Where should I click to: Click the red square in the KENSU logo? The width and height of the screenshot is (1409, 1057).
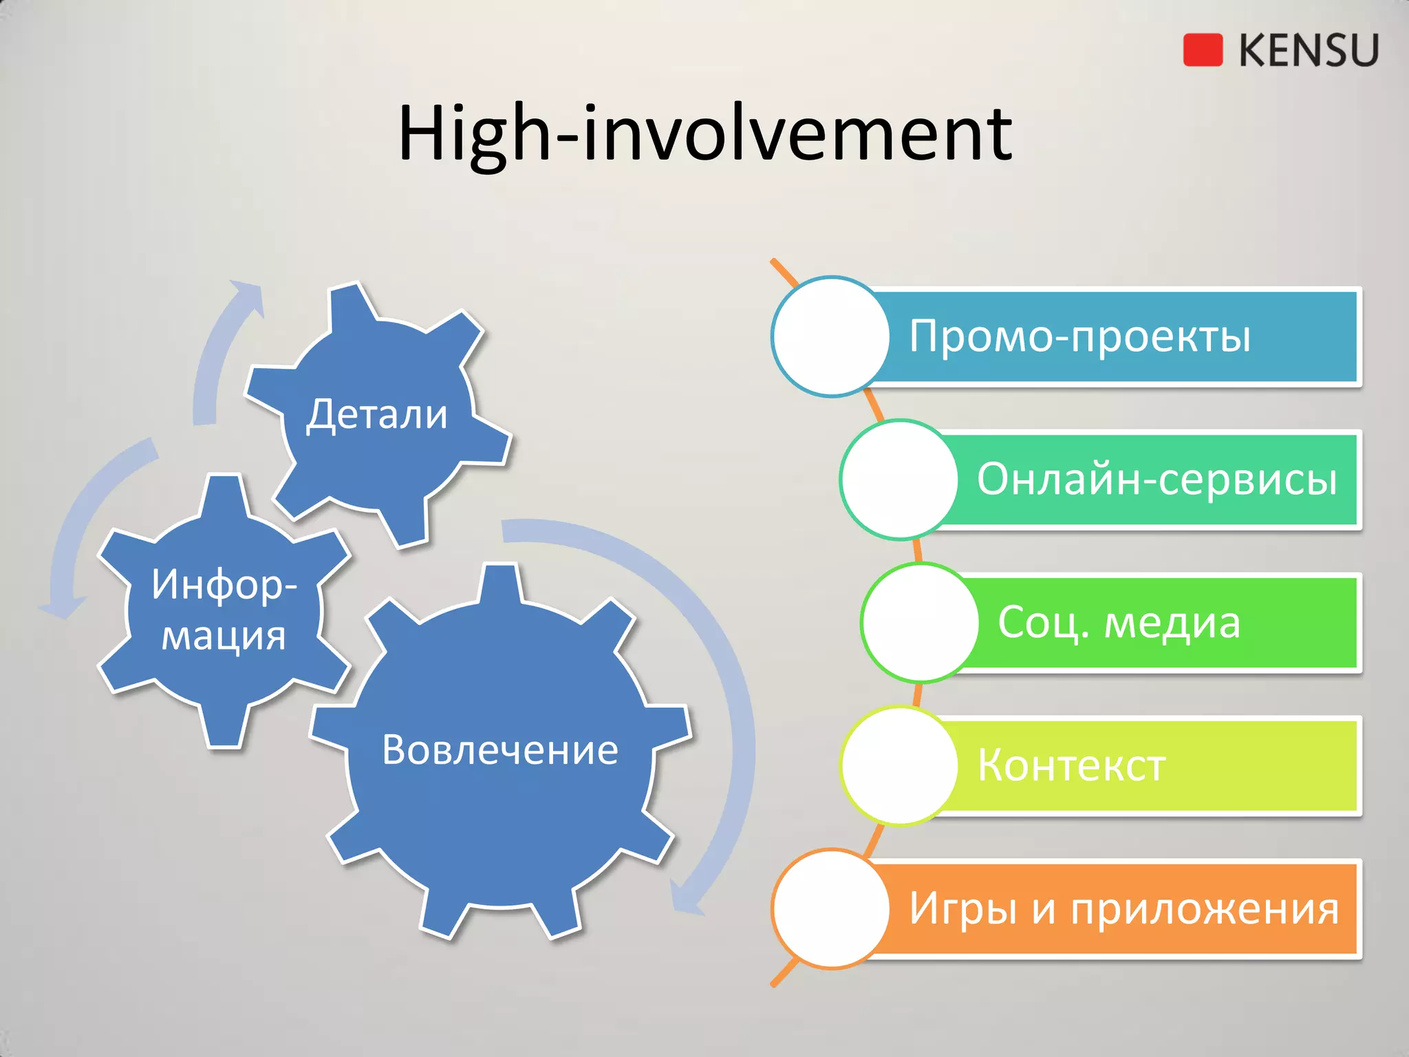click(1203, 50)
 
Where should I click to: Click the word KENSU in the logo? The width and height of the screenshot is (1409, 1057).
click(1309, 50)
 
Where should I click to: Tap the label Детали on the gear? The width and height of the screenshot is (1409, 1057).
click(377, 414)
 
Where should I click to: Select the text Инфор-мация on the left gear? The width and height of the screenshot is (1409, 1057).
click(224, 610)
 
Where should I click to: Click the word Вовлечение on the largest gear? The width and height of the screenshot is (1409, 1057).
click(500, 750)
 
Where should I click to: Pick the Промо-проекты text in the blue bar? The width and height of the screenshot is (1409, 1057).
click(1079, 337)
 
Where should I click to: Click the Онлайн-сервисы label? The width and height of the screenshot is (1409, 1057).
click(1157, 479)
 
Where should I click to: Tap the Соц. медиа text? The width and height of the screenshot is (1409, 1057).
click(1119, 622)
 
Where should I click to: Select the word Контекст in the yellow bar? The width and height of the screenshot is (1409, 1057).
click(1071, 765)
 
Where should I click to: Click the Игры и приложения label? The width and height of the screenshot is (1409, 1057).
click(1124, 908)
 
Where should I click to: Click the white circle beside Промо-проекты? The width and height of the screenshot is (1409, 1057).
click(831, 337)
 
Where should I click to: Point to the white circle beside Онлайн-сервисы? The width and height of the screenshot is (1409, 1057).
click(899, 479)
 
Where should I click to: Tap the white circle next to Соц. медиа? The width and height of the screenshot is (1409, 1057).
click(920, 622)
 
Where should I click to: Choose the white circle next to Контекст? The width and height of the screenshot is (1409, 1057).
click(899, 765)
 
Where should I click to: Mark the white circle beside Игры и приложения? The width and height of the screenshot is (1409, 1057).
click(831, 908)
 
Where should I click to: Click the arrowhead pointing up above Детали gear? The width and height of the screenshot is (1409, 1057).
click(248, 296)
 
